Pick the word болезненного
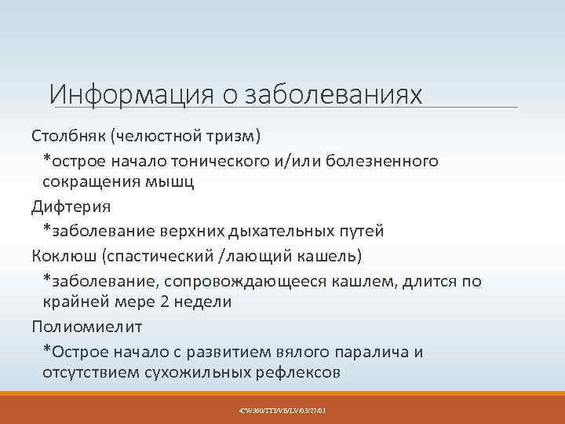point(385,160)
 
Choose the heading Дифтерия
point(71,207)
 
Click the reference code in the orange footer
point(282,410)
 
